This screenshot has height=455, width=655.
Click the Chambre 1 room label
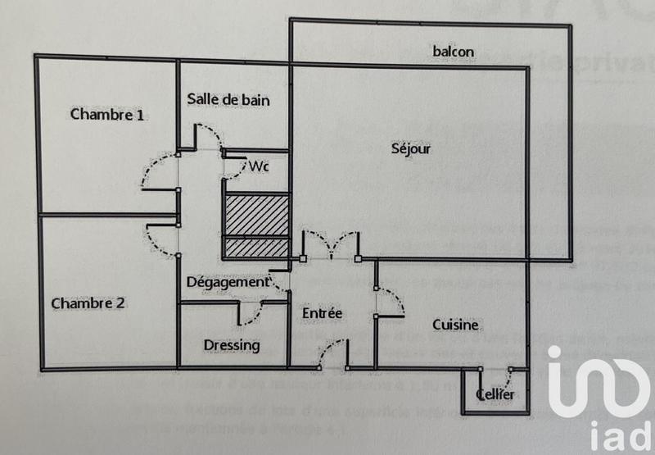107,114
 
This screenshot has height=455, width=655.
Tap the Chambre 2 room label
88,303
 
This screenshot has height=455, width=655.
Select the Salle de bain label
228,100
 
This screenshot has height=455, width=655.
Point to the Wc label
259,166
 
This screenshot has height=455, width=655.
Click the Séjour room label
411,148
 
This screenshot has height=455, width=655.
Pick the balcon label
454,52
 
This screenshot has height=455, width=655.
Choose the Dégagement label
227,281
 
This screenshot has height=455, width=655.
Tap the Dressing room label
232,345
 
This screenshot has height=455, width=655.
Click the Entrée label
322,313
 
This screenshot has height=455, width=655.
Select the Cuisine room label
455,325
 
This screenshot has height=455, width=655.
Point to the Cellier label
496,396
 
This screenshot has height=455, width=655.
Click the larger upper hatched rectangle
257,214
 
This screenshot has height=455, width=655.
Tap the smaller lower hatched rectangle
257,248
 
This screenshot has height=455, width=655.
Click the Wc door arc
235,168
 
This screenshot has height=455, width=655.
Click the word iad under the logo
611,435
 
